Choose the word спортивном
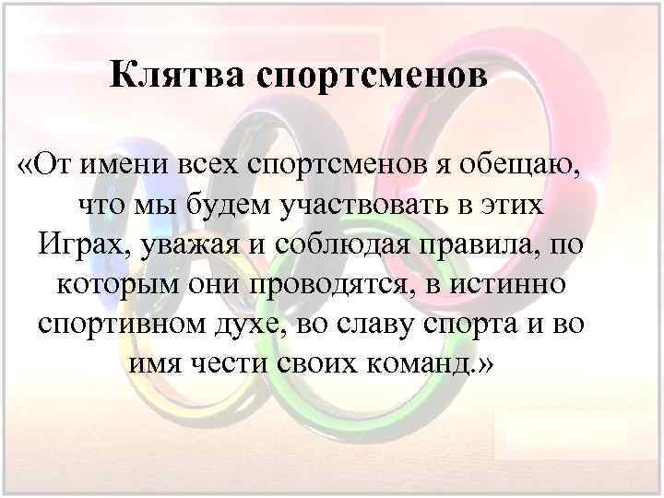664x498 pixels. [x=120, y=326]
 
